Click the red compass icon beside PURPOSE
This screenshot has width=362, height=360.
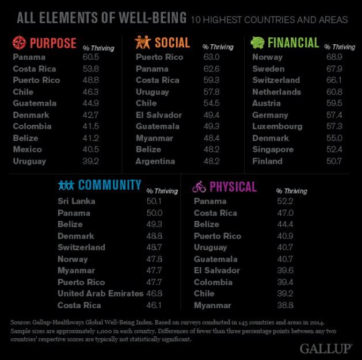coord(20,43)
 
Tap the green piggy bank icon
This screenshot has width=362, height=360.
coord(257,42)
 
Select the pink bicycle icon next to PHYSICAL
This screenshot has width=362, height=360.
coord(199,186)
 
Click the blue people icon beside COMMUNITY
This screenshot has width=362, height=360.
coord(66,185)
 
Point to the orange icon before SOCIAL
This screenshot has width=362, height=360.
coord(142,42)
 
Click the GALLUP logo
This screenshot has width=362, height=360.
coord(326,348)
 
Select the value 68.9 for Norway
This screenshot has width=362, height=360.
coord(334,57)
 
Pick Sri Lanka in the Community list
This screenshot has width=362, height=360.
coord(77,201)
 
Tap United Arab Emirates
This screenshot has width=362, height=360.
coord(100,293)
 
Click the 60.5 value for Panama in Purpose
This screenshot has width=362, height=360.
coord(91,57)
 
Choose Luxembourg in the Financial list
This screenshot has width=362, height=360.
coord(277,127)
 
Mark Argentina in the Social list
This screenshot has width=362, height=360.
coord(155,161)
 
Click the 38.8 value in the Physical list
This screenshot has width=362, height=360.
coord(285,305)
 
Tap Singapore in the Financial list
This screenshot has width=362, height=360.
coord(273,150)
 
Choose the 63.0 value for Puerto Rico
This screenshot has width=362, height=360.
coord(211,57)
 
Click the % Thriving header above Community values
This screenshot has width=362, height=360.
coord(162,191)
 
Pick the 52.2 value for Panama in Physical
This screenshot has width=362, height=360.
coord(285,201)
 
